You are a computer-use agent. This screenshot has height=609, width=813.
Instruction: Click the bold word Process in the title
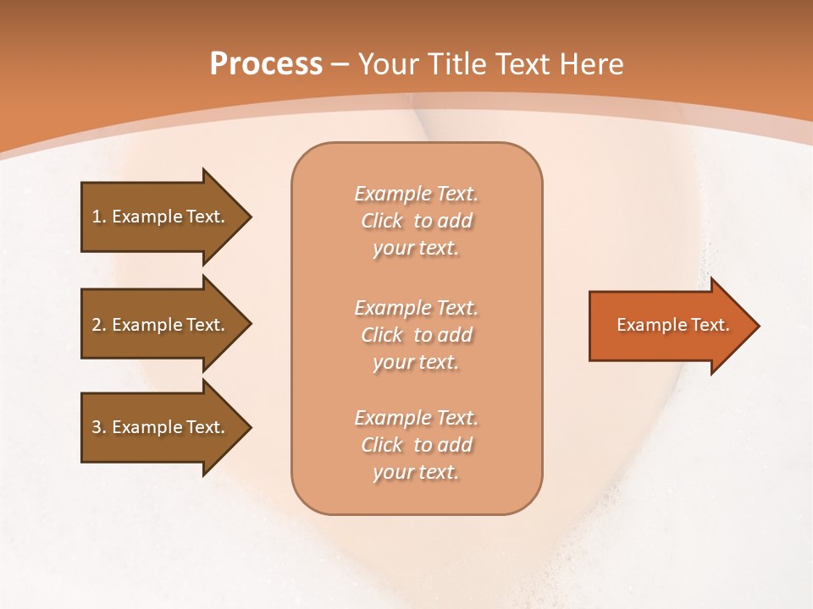coord(266,64)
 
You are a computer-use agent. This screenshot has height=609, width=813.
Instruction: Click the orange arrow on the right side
coord(669,326)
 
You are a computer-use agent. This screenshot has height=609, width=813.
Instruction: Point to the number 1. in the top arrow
coord(99,217)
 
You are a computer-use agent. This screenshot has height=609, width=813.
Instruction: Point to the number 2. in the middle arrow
coord(99,325)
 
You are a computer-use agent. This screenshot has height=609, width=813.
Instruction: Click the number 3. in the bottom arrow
coord(99,427)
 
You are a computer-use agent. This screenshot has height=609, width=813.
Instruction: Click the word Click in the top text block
coord(382,221)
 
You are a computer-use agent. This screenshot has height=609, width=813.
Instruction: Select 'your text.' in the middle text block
coord(416,362)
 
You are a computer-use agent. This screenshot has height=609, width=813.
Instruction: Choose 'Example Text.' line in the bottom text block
coord(416,418)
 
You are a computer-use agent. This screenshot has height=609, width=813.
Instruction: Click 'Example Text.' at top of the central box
coord(416,194)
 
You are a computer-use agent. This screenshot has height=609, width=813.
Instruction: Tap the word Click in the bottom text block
coord(382,445)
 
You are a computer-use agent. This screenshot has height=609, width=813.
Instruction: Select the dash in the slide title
coord(340,65)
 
